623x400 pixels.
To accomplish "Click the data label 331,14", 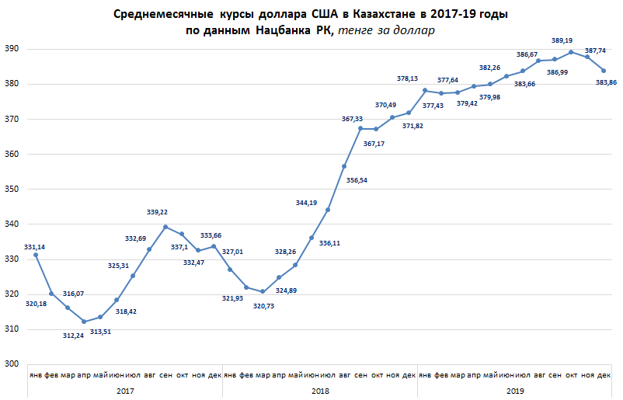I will tap(35, 246).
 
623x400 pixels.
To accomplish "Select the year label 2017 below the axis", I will tap(124, 391).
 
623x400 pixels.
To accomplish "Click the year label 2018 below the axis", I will tap(319, 391).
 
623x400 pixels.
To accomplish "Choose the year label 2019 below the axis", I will tap(514, 391).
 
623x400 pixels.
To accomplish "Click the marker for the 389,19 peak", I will tap(571, 52).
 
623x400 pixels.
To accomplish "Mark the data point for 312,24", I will tap(84, 322).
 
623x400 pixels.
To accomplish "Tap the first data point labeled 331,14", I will tap(35, 255).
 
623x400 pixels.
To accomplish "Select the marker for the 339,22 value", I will tap(165, 227).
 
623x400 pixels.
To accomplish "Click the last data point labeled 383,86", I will tap(604, 71).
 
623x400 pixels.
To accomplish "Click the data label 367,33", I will tap(353, 119).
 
